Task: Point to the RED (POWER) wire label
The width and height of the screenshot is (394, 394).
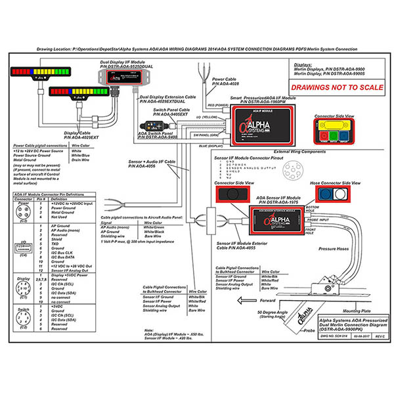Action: [218, 104]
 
